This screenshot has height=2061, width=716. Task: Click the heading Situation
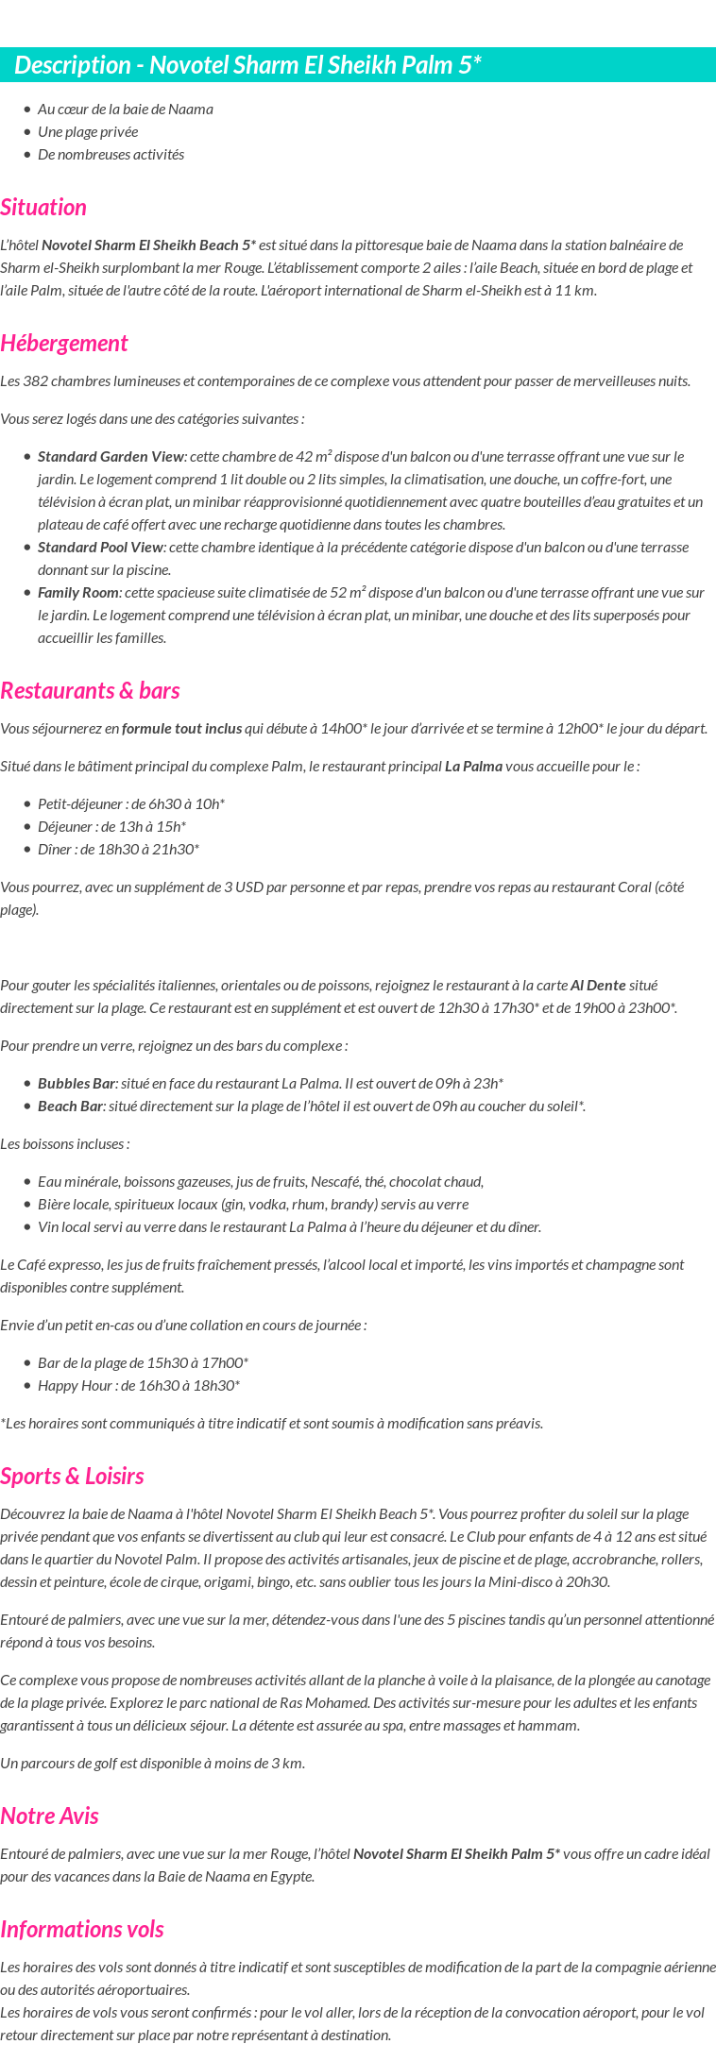click(43, 208)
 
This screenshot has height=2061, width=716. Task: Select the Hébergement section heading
click(63, 344)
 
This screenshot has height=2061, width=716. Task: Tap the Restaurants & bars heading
click(90, 691)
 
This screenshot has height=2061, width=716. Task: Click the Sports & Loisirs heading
click(72, 1477)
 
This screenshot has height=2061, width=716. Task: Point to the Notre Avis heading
click(49, 1816)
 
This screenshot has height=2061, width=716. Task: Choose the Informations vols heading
click(82, 1930)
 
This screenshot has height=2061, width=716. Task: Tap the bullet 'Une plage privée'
click(88, 132)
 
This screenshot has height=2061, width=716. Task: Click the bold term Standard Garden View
click(111, 457)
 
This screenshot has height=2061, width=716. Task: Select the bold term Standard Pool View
click(101, 548)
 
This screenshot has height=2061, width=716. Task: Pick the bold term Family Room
click(79, 593)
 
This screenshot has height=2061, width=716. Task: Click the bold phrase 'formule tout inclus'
click(181, 729)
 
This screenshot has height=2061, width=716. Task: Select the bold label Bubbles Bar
click(77, 1084)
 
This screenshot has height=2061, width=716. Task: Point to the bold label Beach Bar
click(70, 1107)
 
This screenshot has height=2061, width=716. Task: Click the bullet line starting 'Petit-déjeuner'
click(130, 804)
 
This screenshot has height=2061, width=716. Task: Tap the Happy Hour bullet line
click(138, 1386)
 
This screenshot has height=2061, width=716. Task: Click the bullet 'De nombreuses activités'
click(111, 155)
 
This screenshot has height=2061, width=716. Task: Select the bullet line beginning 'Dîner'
click(118, 850)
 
